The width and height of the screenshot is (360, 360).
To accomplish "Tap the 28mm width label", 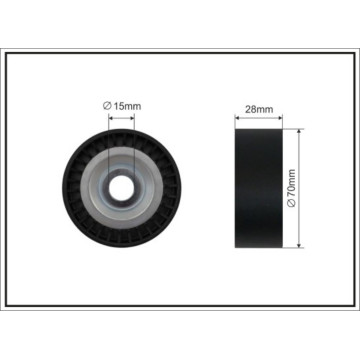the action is (x=259, y=109).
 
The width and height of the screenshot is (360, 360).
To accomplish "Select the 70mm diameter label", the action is (x=291, y=188).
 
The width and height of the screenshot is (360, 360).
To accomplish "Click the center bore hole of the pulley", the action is (x=121, y=188).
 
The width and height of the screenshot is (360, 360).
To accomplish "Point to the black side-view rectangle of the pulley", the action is (x=259, y=188).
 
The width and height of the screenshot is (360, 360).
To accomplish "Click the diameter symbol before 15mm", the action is (x=107, y=106).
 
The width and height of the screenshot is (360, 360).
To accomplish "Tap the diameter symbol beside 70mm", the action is (x=291, y=204).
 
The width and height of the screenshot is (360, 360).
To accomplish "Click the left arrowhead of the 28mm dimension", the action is (x=237, y=117).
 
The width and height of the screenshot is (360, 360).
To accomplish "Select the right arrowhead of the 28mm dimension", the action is (x=280, y=117).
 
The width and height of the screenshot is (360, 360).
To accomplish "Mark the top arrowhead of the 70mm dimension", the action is (x=299, y=132).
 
